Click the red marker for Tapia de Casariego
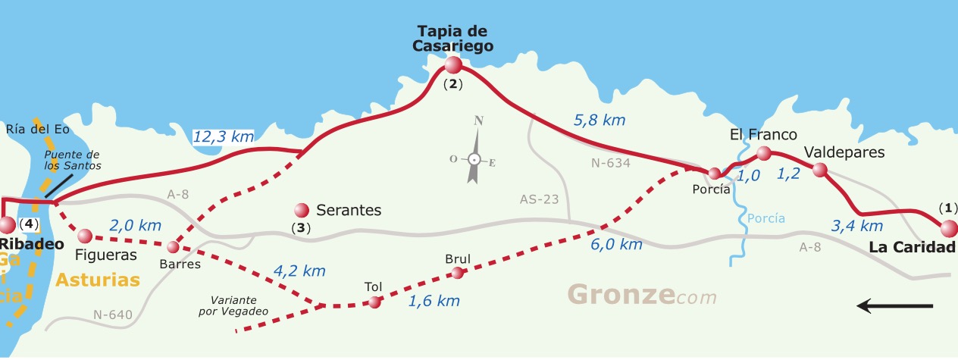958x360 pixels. pos(452,64)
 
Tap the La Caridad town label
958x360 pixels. pos(912,247)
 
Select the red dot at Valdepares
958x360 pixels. pos(819,170)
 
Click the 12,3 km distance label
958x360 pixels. pos(223,137)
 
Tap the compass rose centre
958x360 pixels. pos(474,159)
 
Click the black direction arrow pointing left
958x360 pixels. pos(894,305)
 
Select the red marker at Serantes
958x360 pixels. pos(302,209)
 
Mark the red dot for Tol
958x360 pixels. pos(374,302)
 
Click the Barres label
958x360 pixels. pos(180,265)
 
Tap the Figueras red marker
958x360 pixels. pos(84,236)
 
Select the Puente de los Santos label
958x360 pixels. pos(72,160)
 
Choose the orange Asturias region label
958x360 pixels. pos(99,279)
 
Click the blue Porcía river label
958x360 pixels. pos(765,219)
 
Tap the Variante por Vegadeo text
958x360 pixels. pos(245,305)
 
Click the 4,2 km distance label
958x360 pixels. pos(299,271)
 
